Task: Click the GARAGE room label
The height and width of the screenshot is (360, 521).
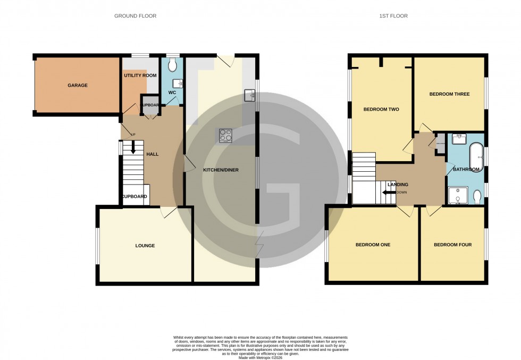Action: pos(77,85)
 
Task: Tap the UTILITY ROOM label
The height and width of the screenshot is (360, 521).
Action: pos(140,76)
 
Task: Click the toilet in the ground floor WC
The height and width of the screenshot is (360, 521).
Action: pos(171,65)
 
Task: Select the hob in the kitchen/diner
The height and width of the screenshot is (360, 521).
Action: pos(225,136)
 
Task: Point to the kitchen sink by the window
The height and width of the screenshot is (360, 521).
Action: pos(249,96)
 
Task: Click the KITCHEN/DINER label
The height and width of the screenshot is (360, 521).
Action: pos(221,170)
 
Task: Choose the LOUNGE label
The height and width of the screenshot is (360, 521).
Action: pos(145,246)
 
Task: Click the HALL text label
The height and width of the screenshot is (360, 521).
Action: pos(153,154)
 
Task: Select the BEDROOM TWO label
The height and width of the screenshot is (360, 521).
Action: pos(381,110)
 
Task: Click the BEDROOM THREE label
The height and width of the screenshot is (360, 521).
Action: pos(449,94)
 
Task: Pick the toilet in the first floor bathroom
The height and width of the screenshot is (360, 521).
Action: pos(477,197)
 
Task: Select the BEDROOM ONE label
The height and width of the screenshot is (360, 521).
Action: pos(373,245)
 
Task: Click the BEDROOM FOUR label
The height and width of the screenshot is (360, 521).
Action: pos(452,245)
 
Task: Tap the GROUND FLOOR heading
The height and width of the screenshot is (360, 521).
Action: pos(136,16)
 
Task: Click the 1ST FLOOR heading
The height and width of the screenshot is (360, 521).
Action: pos(394,16)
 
